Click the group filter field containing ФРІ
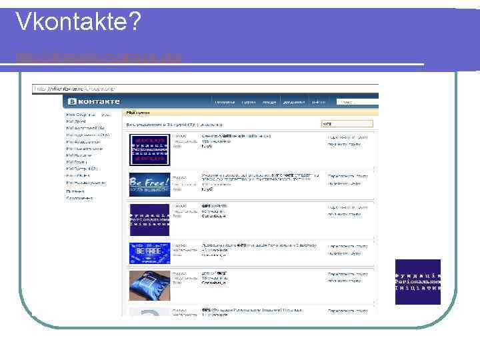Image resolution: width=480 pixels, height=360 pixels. (x=346, y=124)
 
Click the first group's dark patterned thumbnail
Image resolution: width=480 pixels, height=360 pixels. (x=149, y=149)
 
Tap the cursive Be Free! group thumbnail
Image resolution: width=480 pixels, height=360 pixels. (x=149, y=183)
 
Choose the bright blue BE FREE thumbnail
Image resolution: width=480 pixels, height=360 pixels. (x=149, y=253)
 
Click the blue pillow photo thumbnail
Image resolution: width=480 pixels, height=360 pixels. (x=149, y=285)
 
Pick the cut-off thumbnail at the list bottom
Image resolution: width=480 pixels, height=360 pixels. (x=149, y=311)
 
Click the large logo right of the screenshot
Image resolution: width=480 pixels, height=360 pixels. (x=418, y=281)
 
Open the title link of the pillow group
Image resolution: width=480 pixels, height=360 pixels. (x=213, y=273)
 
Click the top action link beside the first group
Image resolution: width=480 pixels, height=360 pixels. (x=347, y=136)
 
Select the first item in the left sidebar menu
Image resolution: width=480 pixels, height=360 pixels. (x=83, y=115)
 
